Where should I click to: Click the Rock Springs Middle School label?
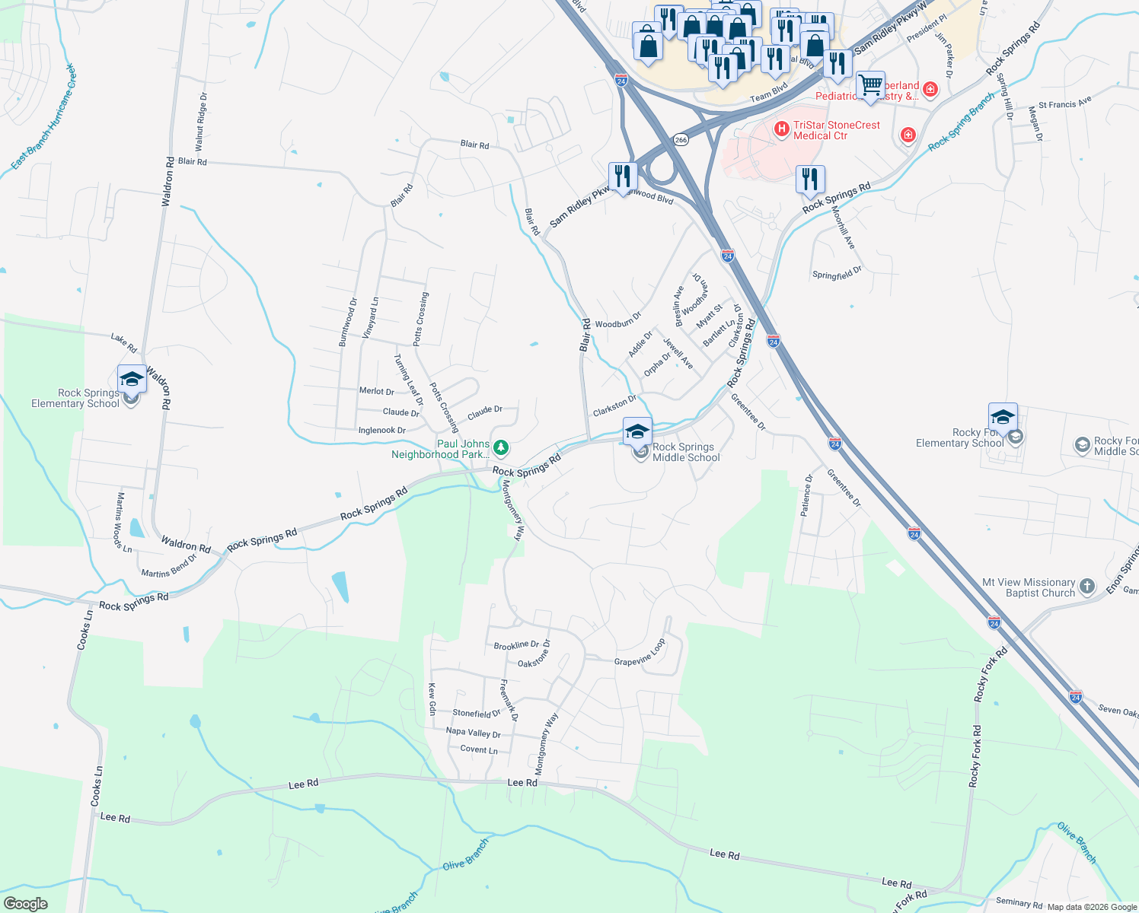coord(685,452)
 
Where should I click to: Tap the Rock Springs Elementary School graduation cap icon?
coord(132,379)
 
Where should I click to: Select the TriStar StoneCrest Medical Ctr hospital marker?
coord(781,129)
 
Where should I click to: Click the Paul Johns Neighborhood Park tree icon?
coord(501,447)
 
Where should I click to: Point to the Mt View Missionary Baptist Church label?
coord(1029,587)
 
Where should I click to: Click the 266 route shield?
coord(681,140)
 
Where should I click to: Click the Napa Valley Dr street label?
coord(473,733)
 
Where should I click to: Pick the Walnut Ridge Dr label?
coord(201,122)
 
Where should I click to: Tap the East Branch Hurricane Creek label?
coord(43,117)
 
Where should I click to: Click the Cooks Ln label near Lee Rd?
coord(97,786)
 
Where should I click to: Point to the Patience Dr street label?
coord(806,496)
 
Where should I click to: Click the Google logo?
coord(25,904)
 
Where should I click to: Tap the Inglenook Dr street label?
coord(381,431)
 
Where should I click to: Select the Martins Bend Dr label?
coord(169,567)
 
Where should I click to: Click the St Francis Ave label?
coord(1064,102)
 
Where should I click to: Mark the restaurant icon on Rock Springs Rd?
coord(810,180)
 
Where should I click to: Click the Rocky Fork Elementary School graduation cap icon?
coord(1003,418)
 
